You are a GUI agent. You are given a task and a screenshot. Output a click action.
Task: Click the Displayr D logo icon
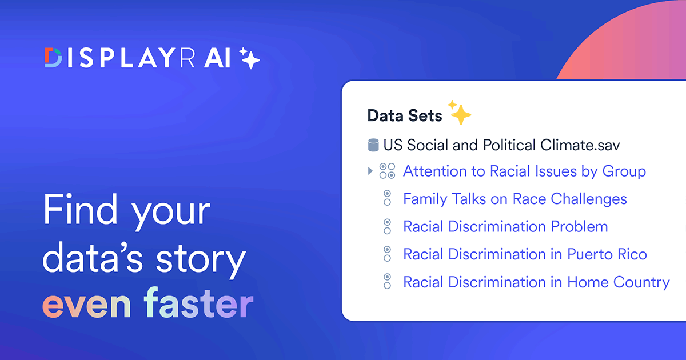[x=53, y=58]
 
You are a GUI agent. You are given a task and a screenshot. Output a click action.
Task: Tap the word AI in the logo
[x=217, y=58]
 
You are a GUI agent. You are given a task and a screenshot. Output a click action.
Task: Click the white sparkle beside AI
[x=249, y=58]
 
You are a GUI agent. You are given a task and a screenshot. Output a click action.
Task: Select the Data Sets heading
[x=405, y=115]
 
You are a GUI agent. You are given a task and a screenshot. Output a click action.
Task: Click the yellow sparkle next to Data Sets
[x=460, y=113]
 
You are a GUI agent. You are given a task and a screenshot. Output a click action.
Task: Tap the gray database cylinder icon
[x=373, y=145]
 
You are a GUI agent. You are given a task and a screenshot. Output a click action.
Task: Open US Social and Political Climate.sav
[x=501, y=145]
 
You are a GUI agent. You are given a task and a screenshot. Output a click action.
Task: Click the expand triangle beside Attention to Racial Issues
[x=370, y=171]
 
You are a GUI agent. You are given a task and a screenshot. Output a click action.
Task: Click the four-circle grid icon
[x=387, y=171]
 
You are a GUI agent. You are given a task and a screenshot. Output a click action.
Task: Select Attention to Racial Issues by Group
[x=524, y=171]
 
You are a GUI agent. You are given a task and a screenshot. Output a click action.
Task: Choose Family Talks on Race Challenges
[x=515, y=199]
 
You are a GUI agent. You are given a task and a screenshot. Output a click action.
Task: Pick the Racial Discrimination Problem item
[x=505, y=226]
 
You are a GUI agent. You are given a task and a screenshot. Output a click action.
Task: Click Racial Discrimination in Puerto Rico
[x=525, y=254]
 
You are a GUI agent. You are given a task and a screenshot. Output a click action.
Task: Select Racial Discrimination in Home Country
[x=536, y=282]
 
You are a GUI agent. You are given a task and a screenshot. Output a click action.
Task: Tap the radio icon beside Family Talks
[x=387, y=198]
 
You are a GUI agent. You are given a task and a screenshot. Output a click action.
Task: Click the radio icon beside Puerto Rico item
[x=387, y=254]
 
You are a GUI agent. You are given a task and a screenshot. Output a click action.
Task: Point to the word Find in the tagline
[x=80, y=209]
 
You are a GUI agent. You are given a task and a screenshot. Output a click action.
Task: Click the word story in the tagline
[x=201, y=259]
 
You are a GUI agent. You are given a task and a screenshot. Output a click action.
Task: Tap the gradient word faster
[x=198, y=302]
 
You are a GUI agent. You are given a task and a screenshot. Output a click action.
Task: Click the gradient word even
[x=86, y=306]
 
